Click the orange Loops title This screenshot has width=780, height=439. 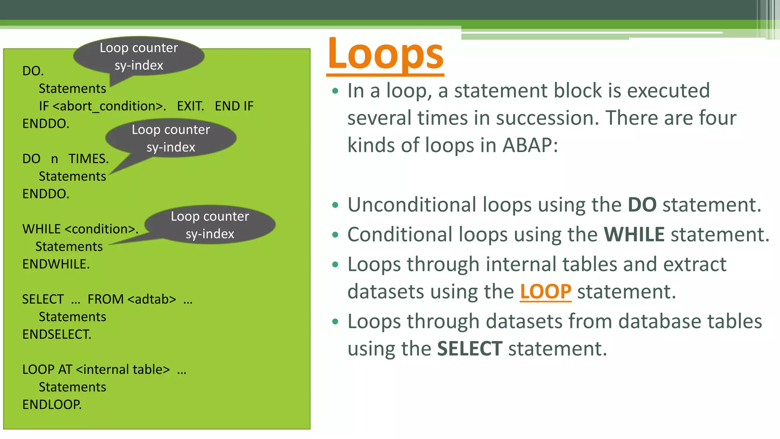[385, 54]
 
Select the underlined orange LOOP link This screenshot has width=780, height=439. [545, 292]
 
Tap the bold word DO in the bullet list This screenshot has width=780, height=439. [642, 205]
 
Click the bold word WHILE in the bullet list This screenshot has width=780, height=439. [634, 234]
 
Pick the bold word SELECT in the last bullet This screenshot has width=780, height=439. [469, 349]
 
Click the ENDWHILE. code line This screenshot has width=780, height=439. [56, 264]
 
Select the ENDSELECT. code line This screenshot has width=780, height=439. [57, 334]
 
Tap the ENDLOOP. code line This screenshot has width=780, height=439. [52, 404]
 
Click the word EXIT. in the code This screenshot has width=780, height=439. [190, 106]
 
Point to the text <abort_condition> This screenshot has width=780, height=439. [109, 106]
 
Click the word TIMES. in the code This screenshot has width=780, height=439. [88, 159]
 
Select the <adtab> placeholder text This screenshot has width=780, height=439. [152, 299]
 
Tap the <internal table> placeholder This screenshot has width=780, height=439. [123, 369]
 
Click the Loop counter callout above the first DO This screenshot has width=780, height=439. [139, 56]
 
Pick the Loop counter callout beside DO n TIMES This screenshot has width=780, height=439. [171, 138]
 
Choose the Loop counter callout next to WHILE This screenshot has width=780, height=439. [210, 225]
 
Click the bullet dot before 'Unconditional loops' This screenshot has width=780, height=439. [335, 205]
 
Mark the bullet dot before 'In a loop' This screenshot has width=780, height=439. [335, 91]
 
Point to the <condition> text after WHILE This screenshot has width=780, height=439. [101, 229]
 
